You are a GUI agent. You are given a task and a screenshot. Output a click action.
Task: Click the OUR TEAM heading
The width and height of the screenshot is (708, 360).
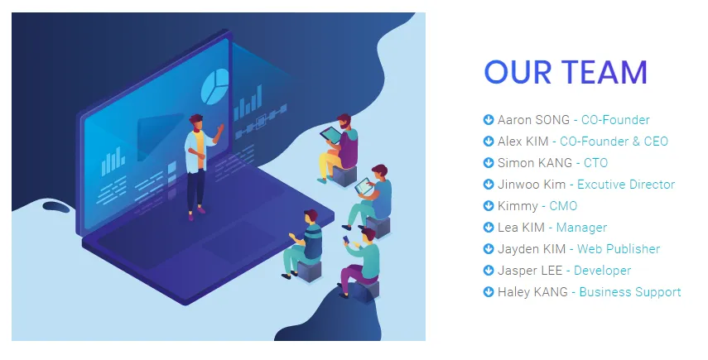pyautogui.click(x=566, y=72)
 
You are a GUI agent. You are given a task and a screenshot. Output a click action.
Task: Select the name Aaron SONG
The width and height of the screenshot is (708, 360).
pyautogui.click(x=533, y=120)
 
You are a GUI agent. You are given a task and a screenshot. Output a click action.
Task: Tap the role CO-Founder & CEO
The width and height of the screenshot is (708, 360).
pyautogui.click(x=614, y=142)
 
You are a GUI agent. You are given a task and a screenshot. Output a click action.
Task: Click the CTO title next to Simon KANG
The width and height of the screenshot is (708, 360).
pyautogui.click(x=595, y=163)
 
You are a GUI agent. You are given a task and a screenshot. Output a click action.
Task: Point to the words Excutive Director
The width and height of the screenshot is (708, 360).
pyautogui.click(x=626, y=185)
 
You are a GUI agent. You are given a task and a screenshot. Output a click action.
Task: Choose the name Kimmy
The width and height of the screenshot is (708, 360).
pyautogui.click(x=518, y=206)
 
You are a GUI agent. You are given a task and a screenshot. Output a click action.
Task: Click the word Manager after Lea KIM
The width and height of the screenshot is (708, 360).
pyautogui.click(x=581, y=228)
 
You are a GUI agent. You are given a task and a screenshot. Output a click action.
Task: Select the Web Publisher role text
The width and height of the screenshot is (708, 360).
pyautogui.click(x=618, y=249)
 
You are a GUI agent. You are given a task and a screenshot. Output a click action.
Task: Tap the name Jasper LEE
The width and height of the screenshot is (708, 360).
pyautogui.click(x=530, y=271)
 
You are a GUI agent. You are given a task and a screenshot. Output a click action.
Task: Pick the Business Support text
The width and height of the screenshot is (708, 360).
pyautogui.click(x=630, y=292)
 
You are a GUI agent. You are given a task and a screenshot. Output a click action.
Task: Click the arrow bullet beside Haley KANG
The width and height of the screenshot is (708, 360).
pyautogui.click(x=488, y=292)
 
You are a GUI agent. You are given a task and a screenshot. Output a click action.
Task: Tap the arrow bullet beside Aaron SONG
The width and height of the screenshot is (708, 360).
pyautogui.click(x=488, y=119)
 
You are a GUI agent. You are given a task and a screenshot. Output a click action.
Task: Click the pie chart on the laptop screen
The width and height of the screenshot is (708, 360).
pyautogui.click(x=214, y=86)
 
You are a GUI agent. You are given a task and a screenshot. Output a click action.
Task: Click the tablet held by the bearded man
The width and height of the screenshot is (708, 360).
pyautogui.click(x=331, y=135)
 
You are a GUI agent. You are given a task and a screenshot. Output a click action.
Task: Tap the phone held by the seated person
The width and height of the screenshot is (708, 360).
pyautogui.click(x=346, y=239)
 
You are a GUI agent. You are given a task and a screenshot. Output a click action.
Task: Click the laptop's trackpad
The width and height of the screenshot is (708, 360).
pyautogui.click(x=238, y=242)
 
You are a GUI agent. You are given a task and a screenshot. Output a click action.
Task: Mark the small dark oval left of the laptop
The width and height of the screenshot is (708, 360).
pyautogui.click(x=56, y=207)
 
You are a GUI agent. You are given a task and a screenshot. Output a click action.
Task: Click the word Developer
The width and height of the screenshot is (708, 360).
pyautogui.click(x=602, y=271)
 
